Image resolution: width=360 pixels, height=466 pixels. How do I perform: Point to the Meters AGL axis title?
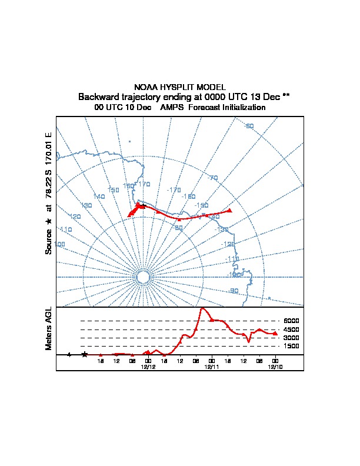(x=49, y=328)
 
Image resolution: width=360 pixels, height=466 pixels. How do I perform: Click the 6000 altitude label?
(x=291, y=321)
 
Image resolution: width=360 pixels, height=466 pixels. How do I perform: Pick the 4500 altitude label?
(x=291, y=329)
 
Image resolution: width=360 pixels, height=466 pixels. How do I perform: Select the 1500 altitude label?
(x=291, y=347)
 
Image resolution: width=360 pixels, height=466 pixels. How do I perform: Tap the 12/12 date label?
(x=148, y=367)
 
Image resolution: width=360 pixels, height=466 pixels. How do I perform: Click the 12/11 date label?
(x=212, y=367)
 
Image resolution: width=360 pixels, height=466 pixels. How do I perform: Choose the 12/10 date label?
(x=275, y=367)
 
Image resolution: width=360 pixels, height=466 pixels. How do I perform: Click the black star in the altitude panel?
(x=85, y=354)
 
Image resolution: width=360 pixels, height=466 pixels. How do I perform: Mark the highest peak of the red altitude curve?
(x=202, y=308)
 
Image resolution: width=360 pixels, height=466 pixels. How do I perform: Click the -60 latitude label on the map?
(x=249, y=126)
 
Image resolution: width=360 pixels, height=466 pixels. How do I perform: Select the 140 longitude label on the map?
(x=99, y=197)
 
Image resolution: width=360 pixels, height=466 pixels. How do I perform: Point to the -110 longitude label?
(x=232, y=259)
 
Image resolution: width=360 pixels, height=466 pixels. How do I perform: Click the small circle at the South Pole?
(x=142, y=277)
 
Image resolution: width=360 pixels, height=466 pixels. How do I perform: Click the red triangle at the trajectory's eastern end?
(x=230, y=210)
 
